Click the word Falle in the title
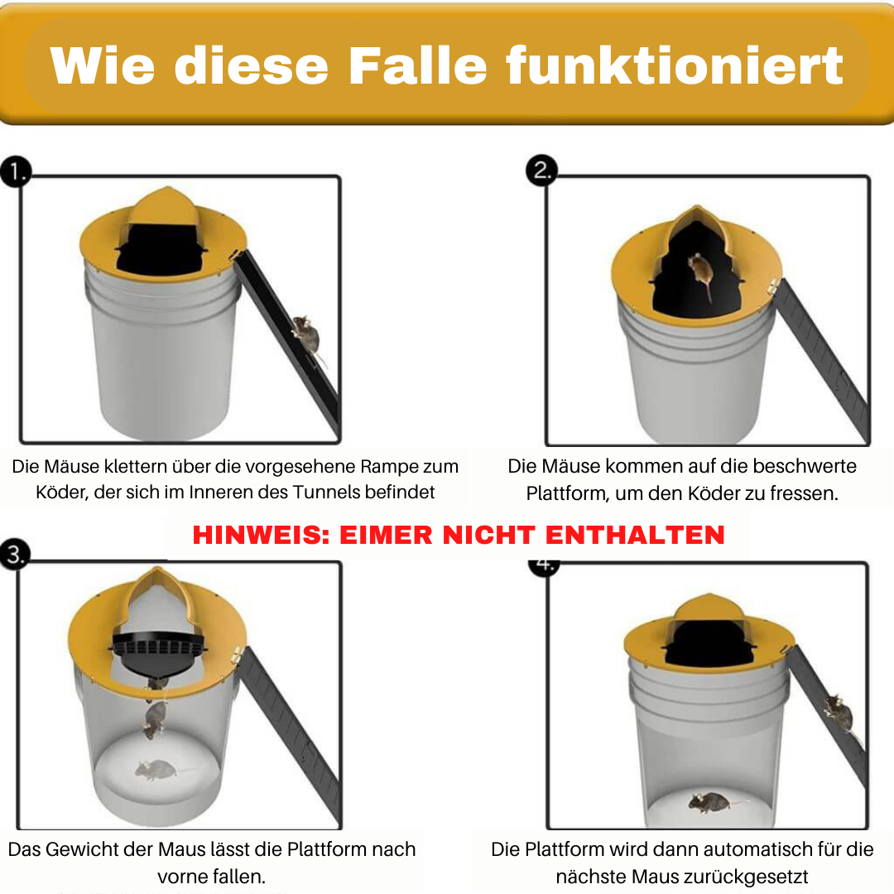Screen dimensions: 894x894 coord(417,65)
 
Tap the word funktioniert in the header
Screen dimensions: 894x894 coord(675,65)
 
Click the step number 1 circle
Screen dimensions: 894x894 coord(16,171)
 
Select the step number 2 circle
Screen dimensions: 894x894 coord(541,170)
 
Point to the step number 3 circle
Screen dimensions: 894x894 coord(15,554)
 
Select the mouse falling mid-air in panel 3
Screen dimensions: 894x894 coord(154,719)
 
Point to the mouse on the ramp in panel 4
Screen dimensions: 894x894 coord(838,712)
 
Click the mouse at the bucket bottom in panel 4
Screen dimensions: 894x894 coord(710,801)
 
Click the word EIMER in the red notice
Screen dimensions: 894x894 coord(386,535)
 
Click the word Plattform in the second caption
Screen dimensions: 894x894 coord(567,493)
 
